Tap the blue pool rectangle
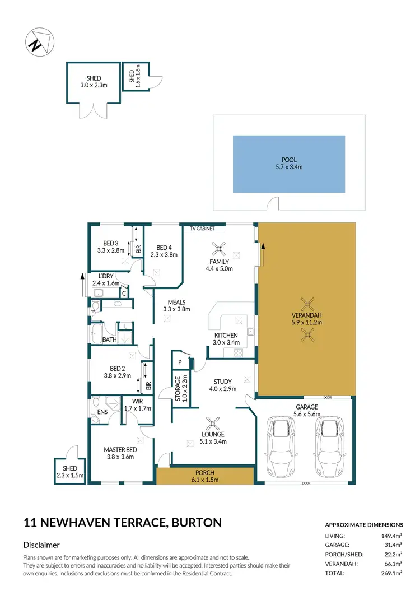pos(288,164)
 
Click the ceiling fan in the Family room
pos(219,248)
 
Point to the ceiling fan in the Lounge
pos(213,422)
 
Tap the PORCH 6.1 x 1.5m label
pos(204,476)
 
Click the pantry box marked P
pos(180,362)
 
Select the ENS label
pos(102,412)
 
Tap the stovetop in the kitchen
pos(237,353)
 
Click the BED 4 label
pos(164,251)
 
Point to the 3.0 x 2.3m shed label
pos(93,82)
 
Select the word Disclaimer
pos(41,545)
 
